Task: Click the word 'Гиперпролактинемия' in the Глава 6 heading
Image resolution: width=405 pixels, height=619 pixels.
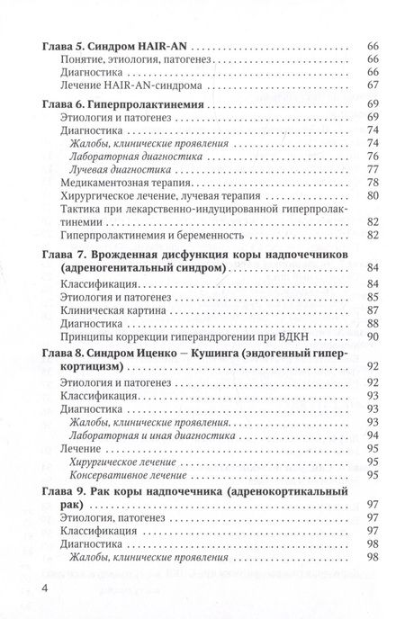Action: click(145, 105)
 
